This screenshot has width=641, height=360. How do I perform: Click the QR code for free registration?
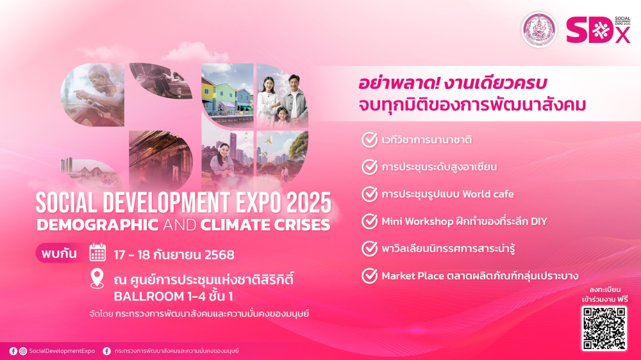604,328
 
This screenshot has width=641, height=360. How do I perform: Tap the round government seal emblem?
539,30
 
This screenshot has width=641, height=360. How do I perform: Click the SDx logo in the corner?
598,30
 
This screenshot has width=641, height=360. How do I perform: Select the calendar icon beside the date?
97,252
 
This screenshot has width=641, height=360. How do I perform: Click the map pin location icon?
97,279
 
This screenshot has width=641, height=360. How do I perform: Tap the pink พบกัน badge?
59,254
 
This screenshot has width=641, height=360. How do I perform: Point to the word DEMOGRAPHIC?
97,225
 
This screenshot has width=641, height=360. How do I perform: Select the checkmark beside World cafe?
370,194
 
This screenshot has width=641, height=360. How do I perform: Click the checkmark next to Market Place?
370,276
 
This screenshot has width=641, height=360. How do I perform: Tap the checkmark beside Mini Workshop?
370,222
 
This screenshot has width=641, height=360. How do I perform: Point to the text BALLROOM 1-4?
149,296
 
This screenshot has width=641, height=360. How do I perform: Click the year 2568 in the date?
219,255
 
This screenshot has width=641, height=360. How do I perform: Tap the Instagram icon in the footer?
23,351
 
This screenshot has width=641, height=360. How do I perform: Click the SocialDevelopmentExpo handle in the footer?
62,351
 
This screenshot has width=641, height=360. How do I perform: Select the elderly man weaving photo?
92,95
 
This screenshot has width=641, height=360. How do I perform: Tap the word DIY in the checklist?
539,222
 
